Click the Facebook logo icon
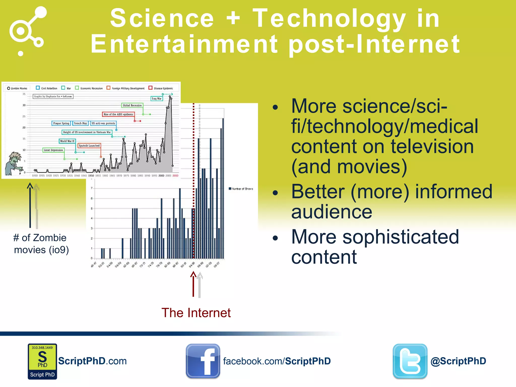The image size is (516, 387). tap(203, 361)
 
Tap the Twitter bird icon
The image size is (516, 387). tap(410, 361)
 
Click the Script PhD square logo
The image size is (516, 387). tap(42, 361)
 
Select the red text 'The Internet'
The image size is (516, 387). tap(196, 313)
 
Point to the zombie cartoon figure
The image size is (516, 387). tap(14, 163)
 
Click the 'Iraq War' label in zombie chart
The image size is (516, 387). tap(156, 99)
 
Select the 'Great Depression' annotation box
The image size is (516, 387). tap(53, 150)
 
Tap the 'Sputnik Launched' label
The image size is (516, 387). tap(89, 146)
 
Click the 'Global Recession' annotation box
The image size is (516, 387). tap(132, 105)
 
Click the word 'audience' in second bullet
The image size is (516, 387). tap(332, 212)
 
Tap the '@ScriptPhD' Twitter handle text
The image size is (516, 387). tap(458, 361)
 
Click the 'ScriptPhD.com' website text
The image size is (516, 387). tap(92, 361)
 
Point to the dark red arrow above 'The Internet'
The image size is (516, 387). tap(193, 284)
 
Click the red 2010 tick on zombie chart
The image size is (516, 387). tap(175, 176)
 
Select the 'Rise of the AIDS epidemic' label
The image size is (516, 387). tap(118, 114)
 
